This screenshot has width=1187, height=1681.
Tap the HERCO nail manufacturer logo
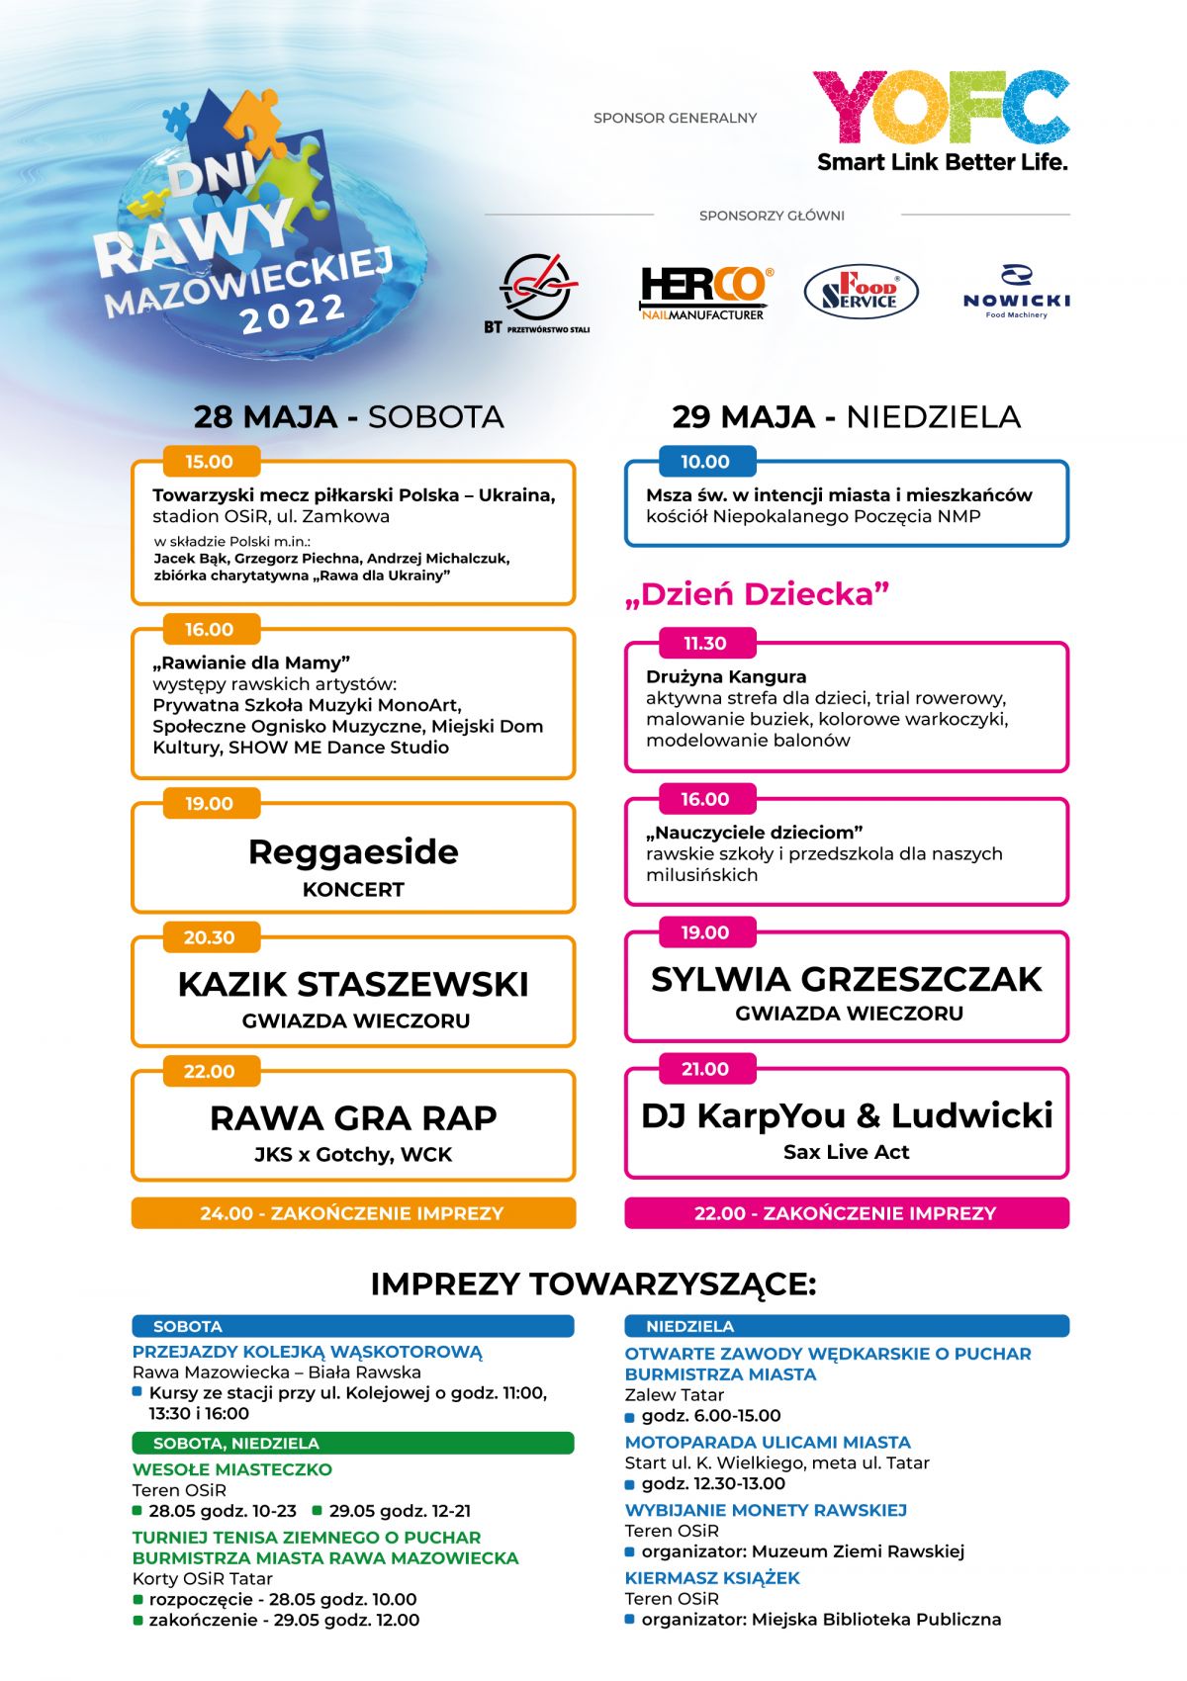[x=705, y=293]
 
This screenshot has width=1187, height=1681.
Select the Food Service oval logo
[x=861, y=293]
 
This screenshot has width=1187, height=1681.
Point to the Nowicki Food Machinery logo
[x=1016, y=293]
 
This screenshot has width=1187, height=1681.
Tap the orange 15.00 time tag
[x=209, y=462]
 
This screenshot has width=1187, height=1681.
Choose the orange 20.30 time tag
[x=209, y=937]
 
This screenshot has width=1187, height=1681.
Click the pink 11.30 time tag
[x=705, y=644]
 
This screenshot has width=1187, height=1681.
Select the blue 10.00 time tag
[x=705, y=462]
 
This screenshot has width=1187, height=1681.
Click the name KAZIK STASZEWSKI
[x=353, y=985]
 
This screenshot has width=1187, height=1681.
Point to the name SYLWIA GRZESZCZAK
[x=847, y=980]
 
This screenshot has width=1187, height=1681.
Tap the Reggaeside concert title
[x=353, y=852]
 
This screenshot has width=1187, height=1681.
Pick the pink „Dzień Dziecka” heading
[x=758, y=594]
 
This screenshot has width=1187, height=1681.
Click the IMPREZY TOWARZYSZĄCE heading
[x=593, y=1284]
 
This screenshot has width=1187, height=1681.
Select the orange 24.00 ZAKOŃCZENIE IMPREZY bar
[x=353, y=1213]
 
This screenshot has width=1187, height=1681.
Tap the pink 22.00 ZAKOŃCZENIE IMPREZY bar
[x=847, y=1213]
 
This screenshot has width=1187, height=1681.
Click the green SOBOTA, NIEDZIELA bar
[x=353, y=1443]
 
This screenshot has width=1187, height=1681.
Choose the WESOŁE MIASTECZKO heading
[x=232, y=1469]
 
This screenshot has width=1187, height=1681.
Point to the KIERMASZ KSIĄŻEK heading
[x=712, y=1578]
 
